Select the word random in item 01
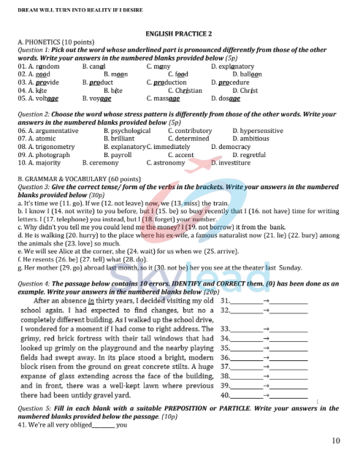point(47,66)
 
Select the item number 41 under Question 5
point(22,424)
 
